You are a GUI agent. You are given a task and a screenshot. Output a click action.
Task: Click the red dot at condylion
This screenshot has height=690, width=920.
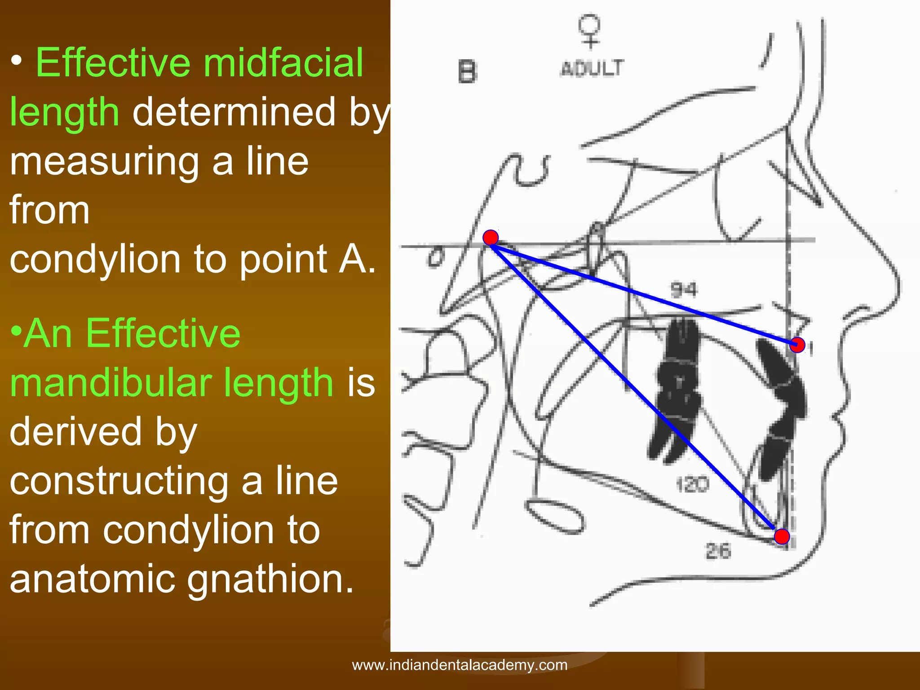491,237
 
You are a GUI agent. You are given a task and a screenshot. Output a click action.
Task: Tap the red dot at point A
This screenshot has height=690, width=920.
797,345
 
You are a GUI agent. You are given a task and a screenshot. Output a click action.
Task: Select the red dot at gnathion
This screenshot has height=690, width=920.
782,536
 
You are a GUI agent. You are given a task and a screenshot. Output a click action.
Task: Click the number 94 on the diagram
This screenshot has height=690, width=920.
684,290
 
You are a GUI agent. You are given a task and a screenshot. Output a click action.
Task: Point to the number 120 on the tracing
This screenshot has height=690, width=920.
692,485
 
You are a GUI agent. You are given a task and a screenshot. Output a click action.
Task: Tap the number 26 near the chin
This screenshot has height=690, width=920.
718,551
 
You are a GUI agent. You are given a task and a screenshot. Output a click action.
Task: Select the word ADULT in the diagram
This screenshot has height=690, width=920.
592,69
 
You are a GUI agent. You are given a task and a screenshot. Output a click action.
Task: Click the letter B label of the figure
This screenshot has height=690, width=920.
467,72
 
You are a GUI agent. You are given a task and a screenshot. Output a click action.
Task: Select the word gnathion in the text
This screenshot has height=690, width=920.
270,579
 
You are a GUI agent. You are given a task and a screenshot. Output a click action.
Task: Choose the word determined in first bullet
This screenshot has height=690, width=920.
234,112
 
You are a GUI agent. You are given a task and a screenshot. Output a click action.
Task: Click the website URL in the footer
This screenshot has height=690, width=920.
460,665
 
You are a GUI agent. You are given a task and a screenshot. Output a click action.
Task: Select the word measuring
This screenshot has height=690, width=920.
104,161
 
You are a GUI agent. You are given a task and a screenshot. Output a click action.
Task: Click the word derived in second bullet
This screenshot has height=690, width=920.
75,432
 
